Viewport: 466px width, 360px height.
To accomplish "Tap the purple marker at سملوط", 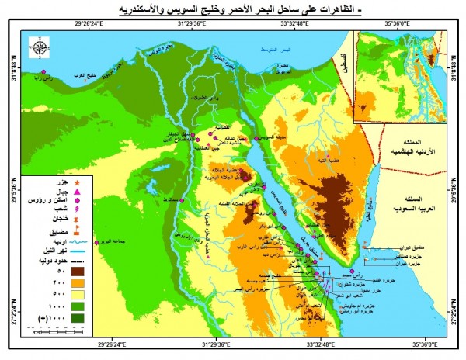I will tap(180, 200).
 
